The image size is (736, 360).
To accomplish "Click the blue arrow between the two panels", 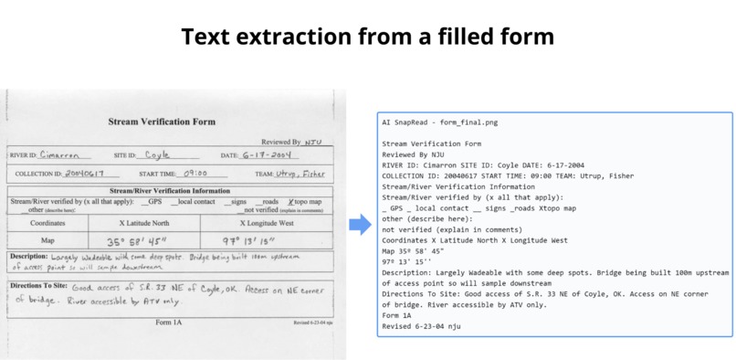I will [x=360, y=224].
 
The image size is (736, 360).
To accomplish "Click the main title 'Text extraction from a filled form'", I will [x=367, y=37].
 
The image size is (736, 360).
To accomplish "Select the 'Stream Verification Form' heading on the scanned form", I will [x=162, y=121].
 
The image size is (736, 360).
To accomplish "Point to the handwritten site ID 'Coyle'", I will [x=157, y=154].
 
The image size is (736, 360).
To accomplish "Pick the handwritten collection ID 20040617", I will [x=86, y=173].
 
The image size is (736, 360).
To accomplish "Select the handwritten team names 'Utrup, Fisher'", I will [x=301, y=172].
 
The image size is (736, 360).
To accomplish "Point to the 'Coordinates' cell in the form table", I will [x=47, y=223].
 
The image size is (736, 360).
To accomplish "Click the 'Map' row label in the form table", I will [x=47, y=241].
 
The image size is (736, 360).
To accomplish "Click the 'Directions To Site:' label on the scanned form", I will [x=38, y=284].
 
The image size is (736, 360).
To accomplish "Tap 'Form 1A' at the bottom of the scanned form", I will [x=168, y=323].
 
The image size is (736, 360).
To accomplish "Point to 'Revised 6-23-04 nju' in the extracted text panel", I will [x=423, y=326].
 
